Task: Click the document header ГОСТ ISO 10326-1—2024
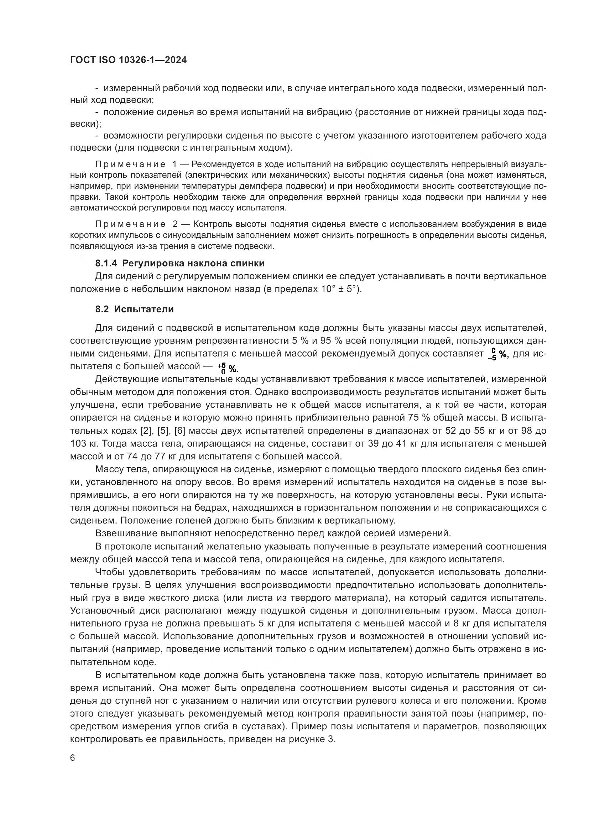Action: pos(129,60)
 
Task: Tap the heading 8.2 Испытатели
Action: pos(135,309)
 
